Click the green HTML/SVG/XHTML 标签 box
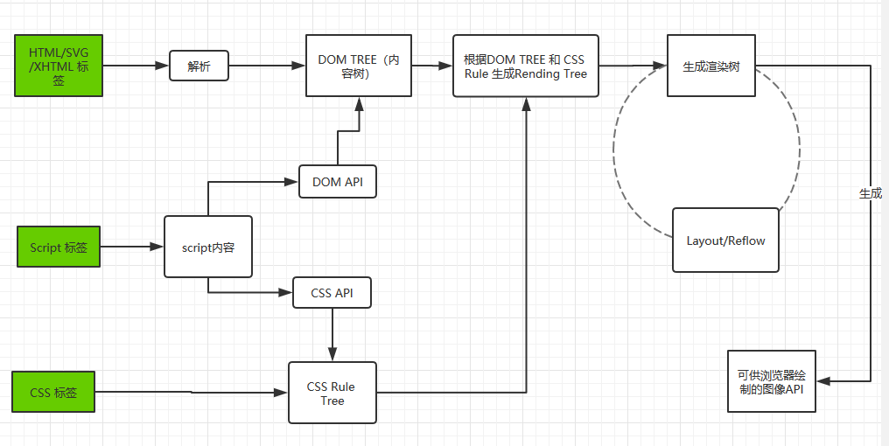click(x=59, y=66)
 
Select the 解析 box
click(x=199, y=66)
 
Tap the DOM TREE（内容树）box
click(x=359, y=66)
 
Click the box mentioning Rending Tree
click(x=525, y=66)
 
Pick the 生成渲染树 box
click(x=711, y=66)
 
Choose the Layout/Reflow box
click(x=725, y=240)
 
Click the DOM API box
click(x=337, y=182)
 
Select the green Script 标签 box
click(x=59, y=247)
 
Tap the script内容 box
click(x=208, y=247)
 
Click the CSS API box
click(x=332, y=293)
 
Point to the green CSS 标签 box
click(x=53, y=392)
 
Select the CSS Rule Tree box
click(x=332, y=393)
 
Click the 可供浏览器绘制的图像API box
click(x=770, y=381)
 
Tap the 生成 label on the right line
click(x=871, y=193)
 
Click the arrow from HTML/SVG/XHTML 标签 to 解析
click(x=136, y=66)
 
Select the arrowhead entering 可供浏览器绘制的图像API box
click(x=824, y=381)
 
